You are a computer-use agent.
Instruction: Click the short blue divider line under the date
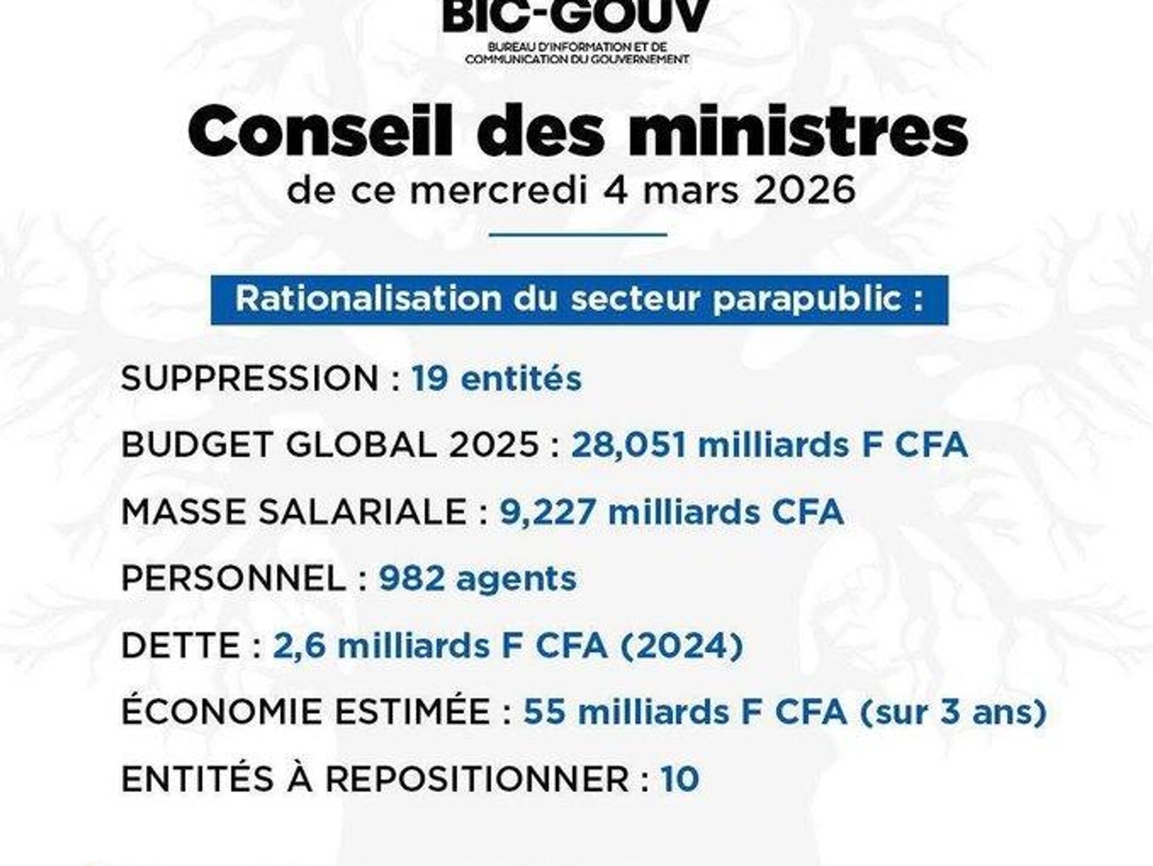point(578,234)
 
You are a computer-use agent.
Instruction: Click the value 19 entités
point(497,379)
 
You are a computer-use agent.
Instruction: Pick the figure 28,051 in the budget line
point(629,445)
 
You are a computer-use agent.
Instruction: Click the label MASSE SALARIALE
point(294,512)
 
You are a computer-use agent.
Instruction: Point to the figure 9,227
point(548,512)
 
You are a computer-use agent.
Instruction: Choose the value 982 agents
point(477,578)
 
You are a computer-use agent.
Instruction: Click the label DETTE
point(181,646)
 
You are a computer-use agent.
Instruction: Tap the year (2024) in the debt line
point(681,646)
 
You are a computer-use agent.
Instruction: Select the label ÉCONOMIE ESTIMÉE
point(306,712)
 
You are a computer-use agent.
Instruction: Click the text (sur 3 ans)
point(953,712)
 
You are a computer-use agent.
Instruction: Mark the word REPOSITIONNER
point(477,780)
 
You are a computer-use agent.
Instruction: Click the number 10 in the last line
point(680,780)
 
